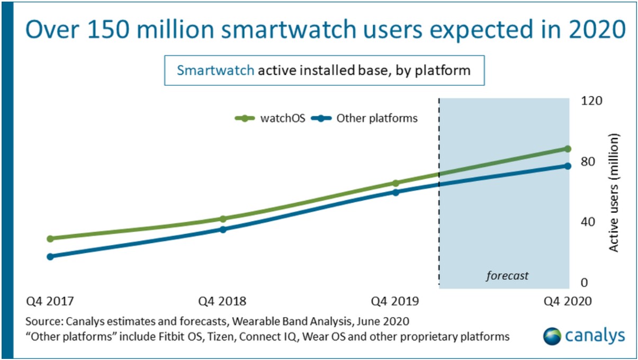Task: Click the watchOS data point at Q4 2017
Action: (x=50, y=238)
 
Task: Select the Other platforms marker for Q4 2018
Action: (x=223, y=229)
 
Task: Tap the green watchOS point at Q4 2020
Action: (x=568, y=149)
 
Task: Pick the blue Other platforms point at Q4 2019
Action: (x=396, y=192)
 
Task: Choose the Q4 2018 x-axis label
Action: (x=222, y=301)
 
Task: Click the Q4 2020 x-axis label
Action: (x=568, y=301)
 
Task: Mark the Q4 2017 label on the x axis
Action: (x=50, y=301)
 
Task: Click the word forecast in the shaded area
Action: (x=508, y=276)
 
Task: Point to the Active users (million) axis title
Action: (x=614, y=192)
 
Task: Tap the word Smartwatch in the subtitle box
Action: (x=215, y=70)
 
